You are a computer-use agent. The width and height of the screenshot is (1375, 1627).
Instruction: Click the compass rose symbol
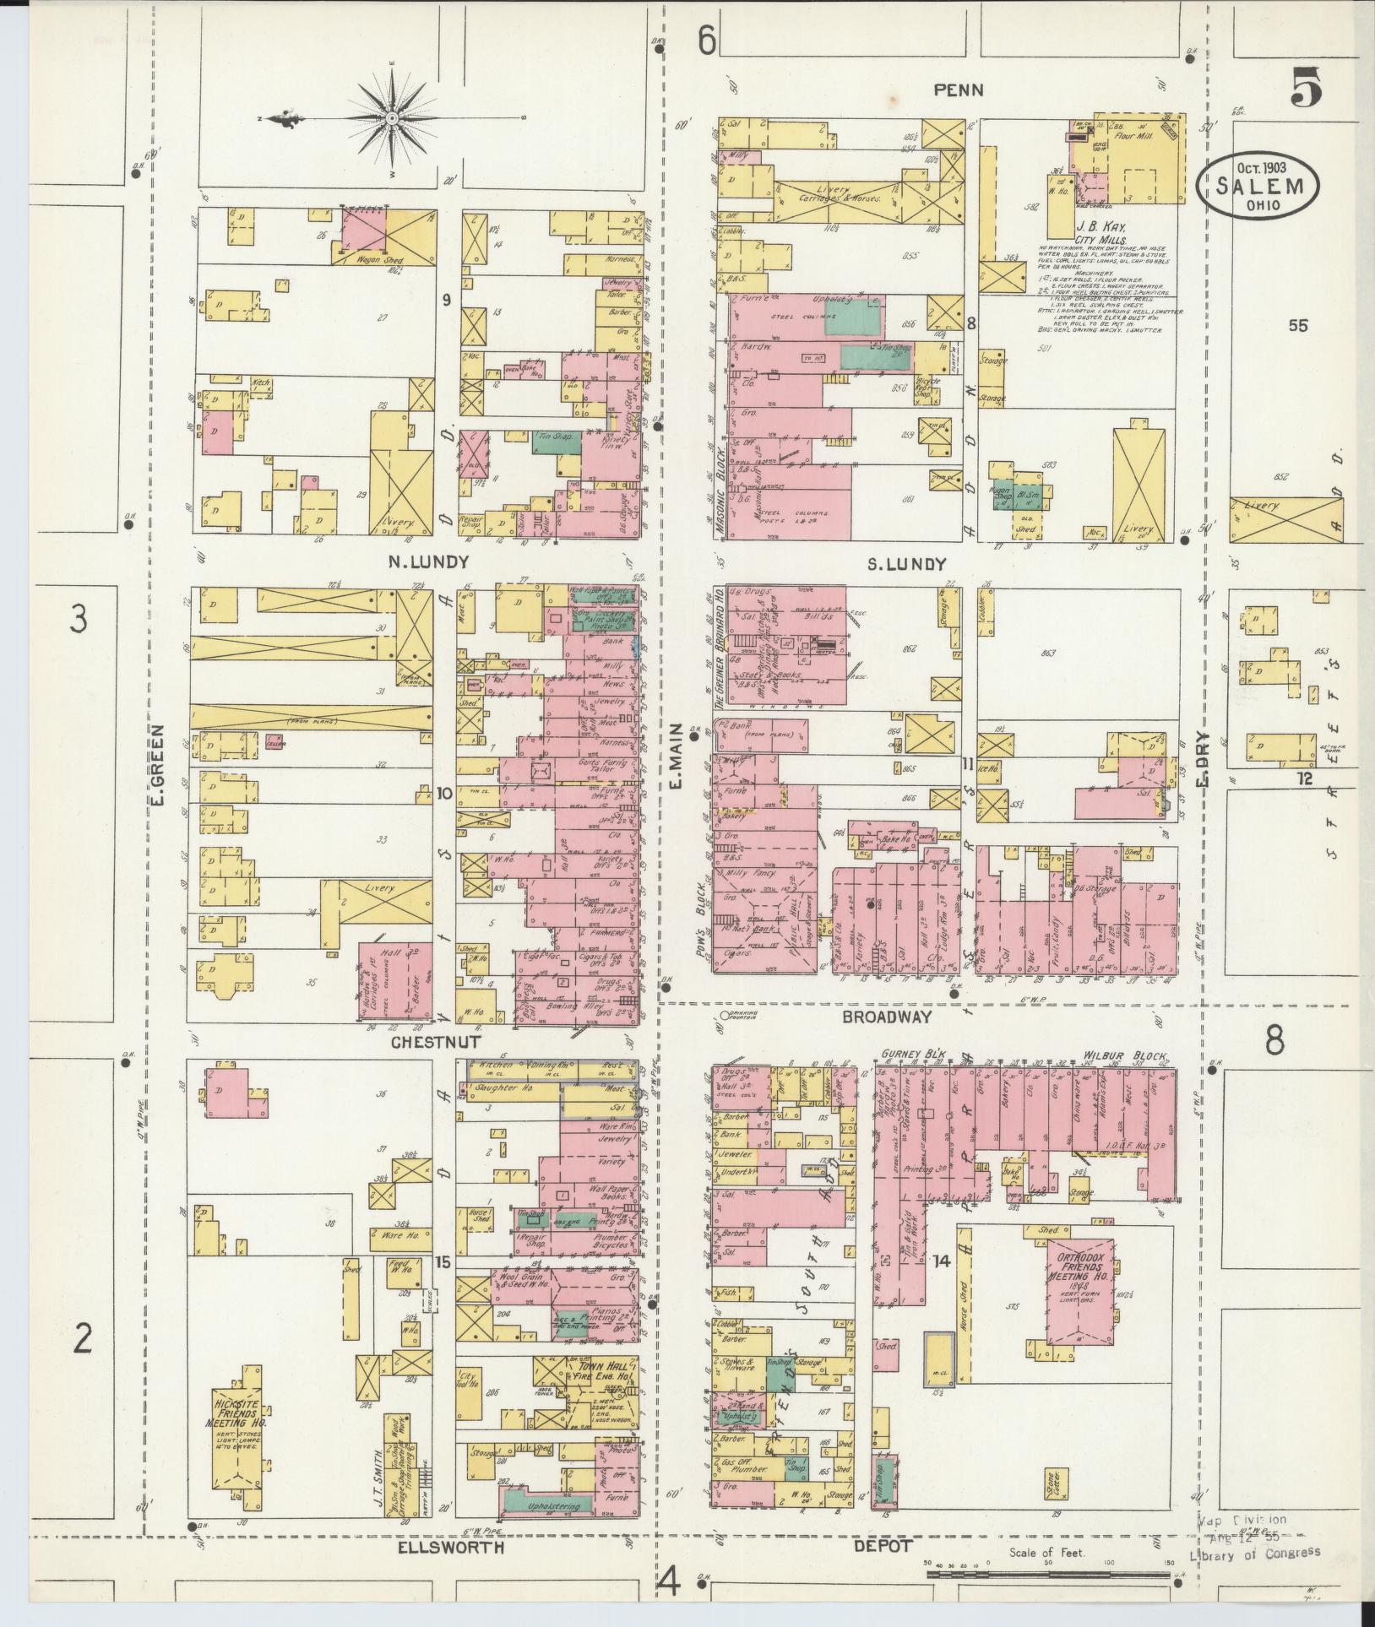pos(391,120)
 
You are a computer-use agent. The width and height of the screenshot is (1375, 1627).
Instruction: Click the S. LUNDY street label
pos(906,564)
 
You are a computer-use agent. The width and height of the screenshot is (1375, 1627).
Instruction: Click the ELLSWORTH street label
pos(453,1547)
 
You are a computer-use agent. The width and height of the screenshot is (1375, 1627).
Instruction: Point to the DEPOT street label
pos(882,1546)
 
